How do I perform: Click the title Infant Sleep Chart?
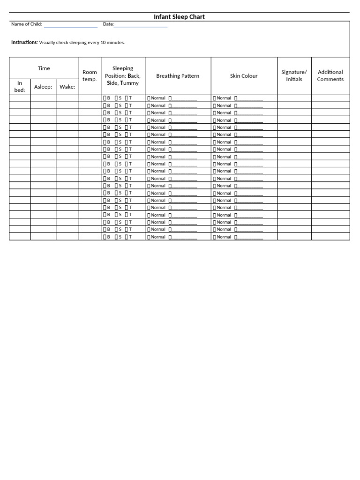tap(180, 17)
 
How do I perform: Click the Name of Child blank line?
tap(70, 26)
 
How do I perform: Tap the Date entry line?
tap(141, 26)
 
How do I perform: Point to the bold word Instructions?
tap(24, 42)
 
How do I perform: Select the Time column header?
tap(44, 68)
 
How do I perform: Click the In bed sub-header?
tap(20, 86)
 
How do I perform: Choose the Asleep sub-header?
tap(43, 87)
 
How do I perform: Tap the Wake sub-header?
tap(67, 87)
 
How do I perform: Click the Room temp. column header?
tap(90, 75)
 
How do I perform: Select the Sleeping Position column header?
tap(123, 75)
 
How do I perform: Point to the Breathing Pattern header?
tap(178, 75)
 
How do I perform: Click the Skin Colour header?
tap(244, 75)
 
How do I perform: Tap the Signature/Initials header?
tap(294, 75)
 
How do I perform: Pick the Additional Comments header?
tap(330, 75)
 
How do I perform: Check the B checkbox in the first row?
tap(105, 98)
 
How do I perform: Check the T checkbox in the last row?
tap(126, 237)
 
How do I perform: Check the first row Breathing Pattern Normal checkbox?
tap(149, 98)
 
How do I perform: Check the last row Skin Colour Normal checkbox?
tap(215, 237)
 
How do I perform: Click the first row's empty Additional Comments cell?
tap(330, 98)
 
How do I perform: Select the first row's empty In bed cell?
tap(20, 98)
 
